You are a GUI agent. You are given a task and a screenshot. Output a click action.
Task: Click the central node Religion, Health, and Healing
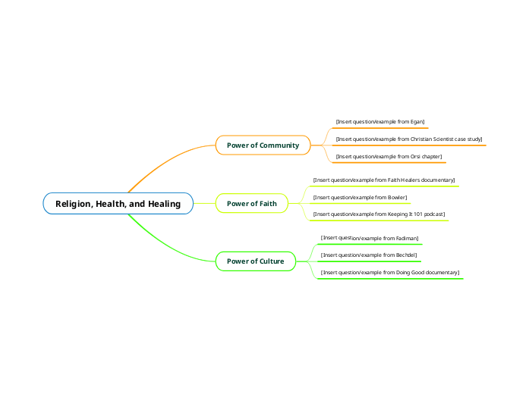(118, 203)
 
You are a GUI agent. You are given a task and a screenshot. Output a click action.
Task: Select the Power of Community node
(263, 145)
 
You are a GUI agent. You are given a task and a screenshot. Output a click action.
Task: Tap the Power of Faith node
(252, 203)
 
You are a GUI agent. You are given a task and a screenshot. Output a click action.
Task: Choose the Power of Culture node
(255, 261)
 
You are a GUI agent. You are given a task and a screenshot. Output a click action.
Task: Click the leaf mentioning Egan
(379, 121)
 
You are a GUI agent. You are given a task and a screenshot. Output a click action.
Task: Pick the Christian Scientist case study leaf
(408, 139)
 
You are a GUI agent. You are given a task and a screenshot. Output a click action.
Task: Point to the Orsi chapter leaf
(389, 156)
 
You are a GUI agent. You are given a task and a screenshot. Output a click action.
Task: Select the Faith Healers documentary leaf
(383, 180)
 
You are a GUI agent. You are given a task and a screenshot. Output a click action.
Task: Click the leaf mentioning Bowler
(360, 197)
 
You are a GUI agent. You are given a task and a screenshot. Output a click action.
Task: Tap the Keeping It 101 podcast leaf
(379, 214)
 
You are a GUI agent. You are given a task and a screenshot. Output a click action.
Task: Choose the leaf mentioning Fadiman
(369, 238)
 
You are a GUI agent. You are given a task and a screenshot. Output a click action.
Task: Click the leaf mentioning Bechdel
(368, 255)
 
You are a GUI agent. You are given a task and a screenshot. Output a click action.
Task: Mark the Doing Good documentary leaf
(389, 272)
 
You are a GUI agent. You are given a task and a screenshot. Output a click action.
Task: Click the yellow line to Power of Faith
(204, 203)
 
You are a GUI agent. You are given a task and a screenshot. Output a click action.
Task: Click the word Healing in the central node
(165, 203)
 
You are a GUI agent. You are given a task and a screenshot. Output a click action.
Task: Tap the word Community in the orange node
(281, 145)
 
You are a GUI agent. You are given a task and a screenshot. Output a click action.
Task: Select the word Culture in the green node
(272, 261)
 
